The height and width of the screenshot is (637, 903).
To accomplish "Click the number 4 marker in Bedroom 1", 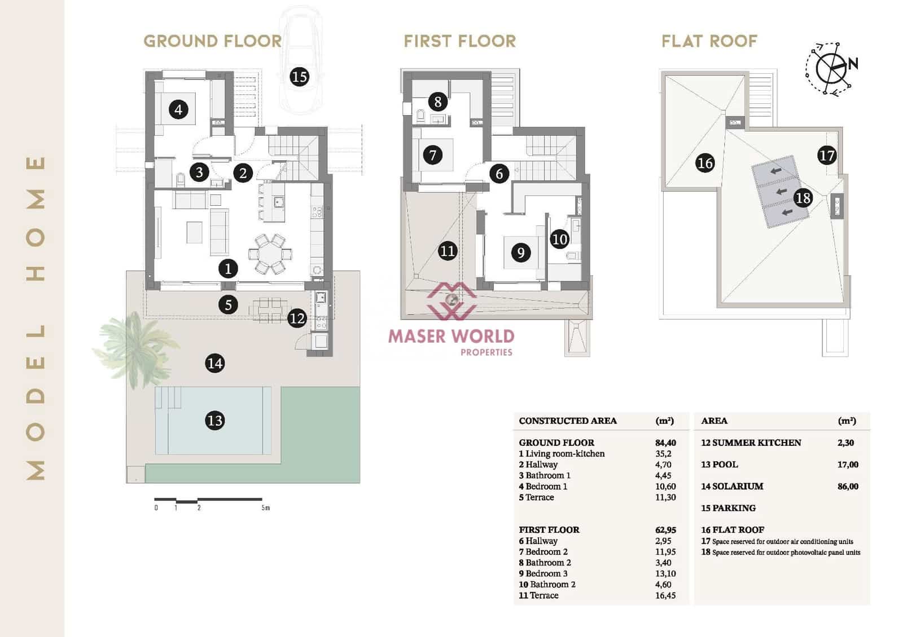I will pyautogui.click(x=178, y=109).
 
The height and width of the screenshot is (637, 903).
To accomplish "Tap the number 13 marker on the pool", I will pyautogui.click(x=214, y=420).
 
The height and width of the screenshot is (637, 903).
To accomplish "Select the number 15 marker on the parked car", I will pyautogui.click(x=299, y=76).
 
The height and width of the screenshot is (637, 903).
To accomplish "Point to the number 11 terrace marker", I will pyautogui.click(x=447, y=250).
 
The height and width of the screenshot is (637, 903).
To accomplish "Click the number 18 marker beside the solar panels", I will pyautogui.click(x=803, y=197).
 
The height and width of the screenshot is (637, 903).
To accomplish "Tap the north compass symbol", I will pyautogui.click(x=831, y=68).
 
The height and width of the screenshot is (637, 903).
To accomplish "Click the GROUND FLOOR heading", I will pyautogui.click(x=212, y=41).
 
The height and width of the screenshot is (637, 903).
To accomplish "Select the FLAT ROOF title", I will pyautogui.click(x=709, y=41).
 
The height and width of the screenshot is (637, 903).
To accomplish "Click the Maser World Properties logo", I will pyautogui.click(x=451, y=321).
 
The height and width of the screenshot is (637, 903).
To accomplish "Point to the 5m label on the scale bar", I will pyautogui.click(x=265, y=508).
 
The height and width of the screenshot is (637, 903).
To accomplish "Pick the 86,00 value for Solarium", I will pyautogui.click(x=848, y=486).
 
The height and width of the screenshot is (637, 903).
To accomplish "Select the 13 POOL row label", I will pyautogui.click(x=719, y=465).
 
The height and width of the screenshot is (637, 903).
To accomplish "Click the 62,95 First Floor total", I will pyautogui.click(x=665, y=530).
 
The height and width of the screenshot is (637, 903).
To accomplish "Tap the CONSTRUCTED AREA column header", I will pyautogui.click(x=567, y=421).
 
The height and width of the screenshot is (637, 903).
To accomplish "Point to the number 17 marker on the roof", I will pyautogui.click(x=826, y=155).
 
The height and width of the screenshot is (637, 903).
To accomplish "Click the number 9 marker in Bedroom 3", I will pyautogui.click(x=520, y=252).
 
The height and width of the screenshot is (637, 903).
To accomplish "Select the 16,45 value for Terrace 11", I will pyautogui.click(x=665, y=595).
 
